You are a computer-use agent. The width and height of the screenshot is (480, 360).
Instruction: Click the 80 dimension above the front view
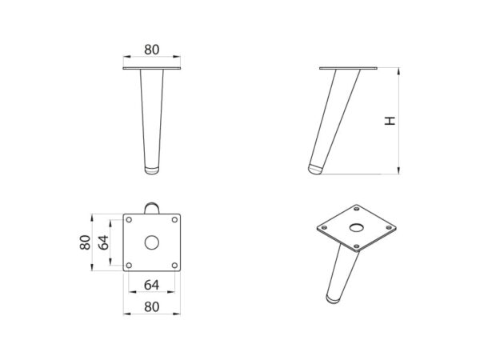point(152,50)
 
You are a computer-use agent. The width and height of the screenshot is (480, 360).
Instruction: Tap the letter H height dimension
point(390,121)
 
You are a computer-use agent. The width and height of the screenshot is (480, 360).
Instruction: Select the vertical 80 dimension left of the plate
point(85,242)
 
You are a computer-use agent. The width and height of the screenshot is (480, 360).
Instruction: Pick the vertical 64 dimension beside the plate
point(103,242)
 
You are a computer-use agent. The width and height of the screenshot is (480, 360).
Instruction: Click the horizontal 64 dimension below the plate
point(151,285)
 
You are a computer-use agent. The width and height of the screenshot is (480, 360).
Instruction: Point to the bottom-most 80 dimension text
point(152,307)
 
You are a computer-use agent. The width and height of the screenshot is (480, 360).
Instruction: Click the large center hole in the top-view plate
point(151,242)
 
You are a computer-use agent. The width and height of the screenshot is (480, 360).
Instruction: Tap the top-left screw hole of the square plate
point(129,219)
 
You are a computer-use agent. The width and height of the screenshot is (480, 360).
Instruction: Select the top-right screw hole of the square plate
point(174,219)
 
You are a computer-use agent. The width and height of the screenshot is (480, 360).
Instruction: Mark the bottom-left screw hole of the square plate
point(129,265)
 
